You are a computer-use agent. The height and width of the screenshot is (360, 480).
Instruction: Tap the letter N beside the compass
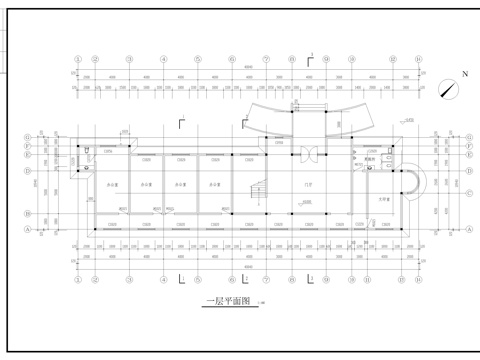(464, 75)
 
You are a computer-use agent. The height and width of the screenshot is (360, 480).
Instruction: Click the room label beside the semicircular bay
(383, 200)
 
